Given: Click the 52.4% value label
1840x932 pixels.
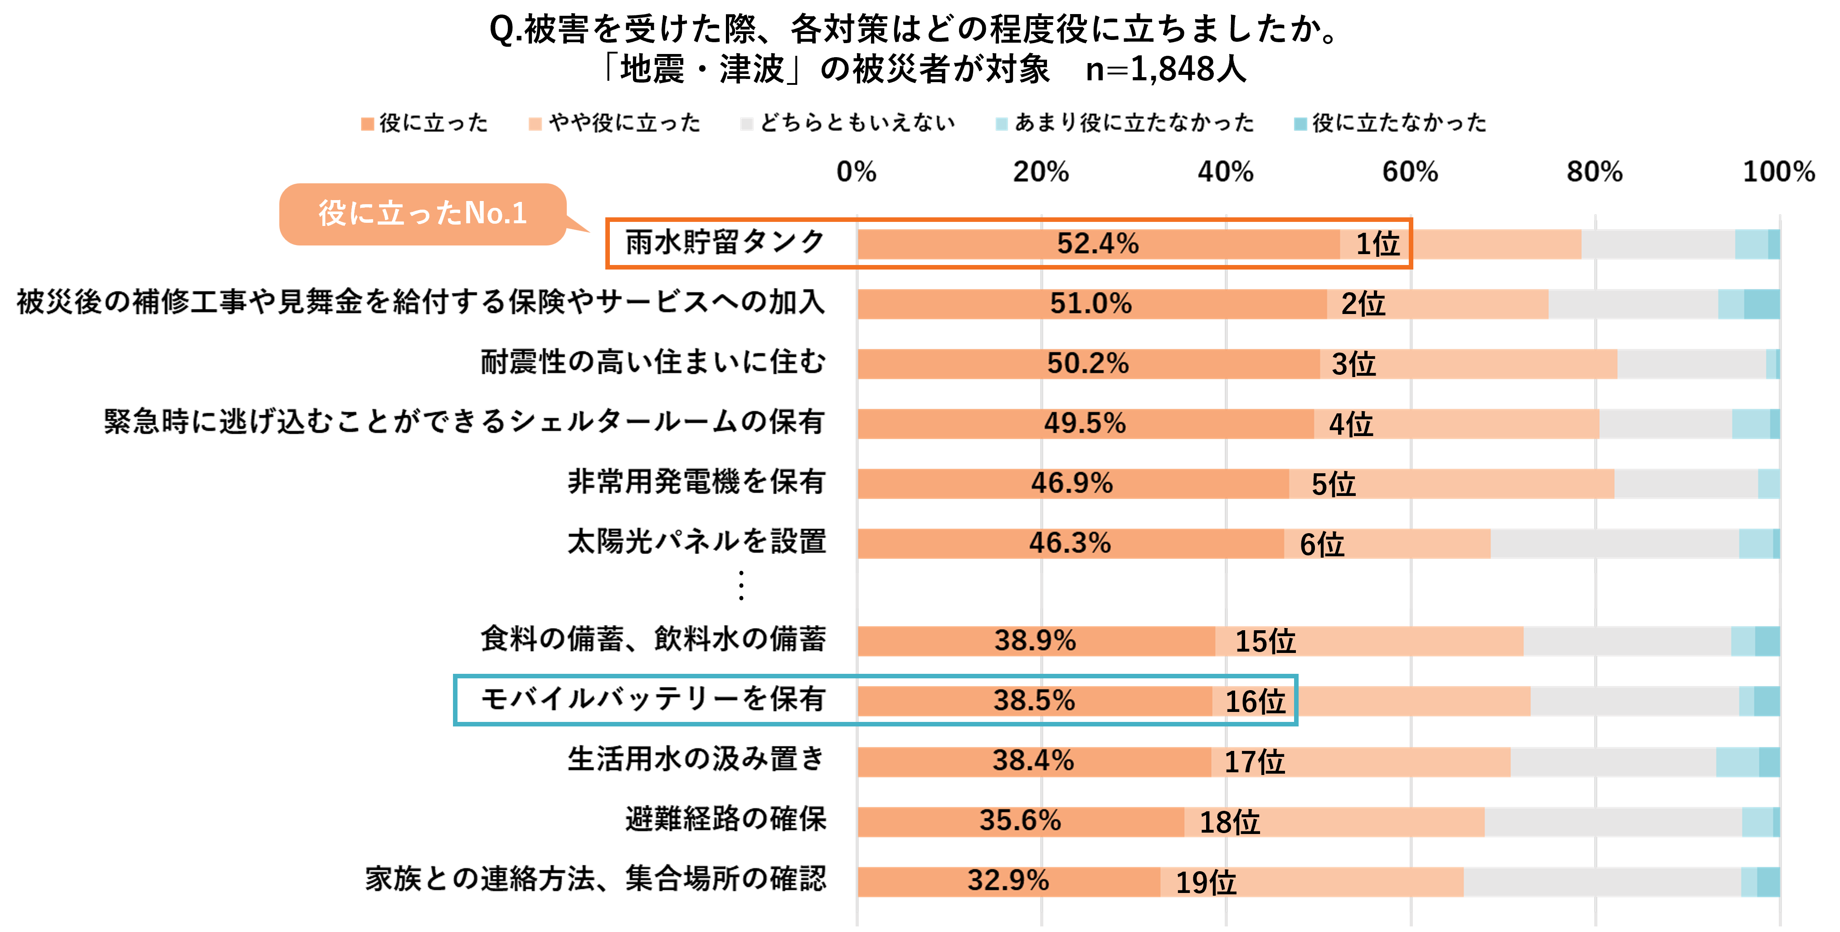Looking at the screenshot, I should click(1098, 244).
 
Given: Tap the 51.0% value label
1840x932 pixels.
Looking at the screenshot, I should click(1090, 304).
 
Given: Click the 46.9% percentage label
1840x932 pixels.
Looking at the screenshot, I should click(1071, 483).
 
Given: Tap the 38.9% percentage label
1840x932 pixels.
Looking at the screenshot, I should click(1035, 640).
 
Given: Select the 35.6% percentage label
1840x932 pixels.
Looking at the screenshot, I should click(1020, 820).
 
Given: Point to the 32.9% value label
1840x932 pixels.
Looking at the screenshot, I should click(1008, 881).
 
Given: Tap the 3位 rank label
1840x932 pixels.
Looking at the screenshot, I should click(1353, 364).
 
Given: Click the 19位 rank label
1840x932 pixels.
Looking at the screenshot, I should click(1206, 883).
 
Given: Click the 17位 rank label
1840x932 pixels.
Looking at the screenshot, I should click(1254, 762).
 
